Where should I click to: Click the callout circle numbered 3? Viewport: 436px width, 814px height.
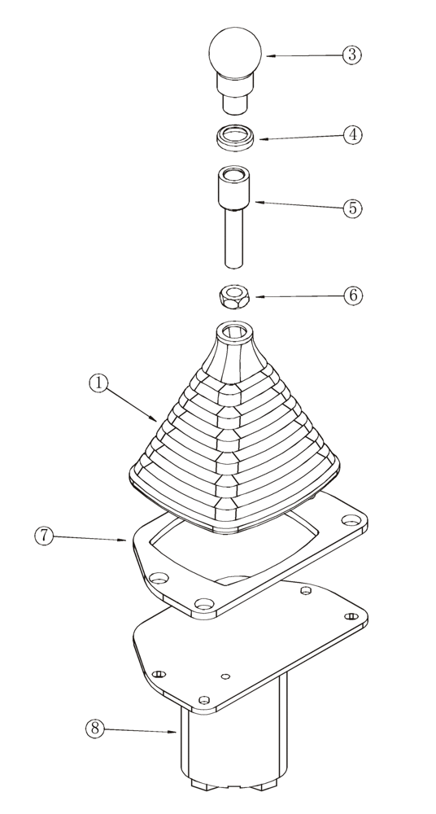coord(351,55)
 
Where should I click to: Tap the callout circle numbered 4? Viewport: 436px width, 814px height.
coord(351,134)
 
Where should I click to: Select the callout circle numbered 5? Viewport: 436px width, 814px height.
coord(351,208)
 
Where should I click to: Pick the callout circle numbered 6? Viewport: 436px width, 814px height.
coord(351,295)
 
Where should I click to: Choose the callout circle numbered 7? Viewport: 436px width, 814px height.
coord(45,536)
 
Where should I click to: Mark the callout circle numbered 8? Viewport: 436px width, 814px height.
coord(96,729)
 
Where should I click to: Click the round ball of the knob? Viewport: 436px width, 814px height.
coord(235,52)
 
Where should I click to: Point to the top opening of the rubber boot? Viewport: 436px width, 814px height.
coord(235,331)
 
